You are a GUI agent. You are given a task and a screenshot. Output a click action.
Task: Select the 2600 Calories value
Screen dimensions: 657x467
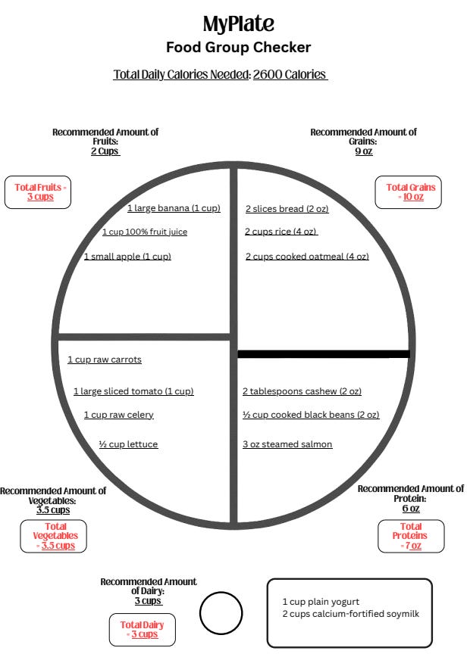289,75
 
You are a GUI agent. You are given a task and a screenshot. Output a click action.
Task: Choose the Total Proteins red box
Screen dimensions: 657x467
410,536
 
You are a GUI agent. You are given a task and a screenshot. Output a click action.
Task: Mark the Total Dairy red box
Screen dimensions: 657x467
142,629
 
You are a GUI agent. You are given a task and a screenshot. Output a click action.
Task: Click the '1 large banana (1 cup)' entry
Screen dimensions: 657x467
174,208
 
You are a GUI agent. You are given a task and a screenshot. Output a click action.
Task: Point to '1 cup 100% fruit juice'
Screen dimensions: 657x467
144,232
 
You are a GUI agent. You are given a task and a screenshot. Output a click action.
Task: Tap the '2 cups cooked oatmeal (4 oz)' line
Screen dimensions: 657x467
307,257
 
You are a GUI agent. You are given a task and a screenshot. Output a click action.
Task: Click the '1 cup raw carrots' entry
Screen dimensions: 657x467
105,360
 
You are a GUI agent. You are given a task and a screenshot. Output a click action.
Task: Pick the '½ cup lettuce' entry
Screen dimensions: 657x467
128,444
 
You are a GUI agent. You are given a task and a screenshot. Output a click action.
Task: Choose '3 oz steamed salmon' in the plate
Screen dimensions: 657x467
287,444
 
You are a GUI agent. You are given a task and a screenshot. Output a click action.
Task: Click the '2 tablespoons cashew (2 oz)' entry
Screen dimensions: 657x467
302,391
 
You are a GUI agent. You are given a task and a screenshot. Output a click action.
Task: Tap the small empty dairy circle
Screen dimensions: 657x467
221,613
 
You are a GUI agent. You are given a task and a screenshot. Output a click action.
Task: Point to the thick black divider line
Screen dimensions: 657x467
324,353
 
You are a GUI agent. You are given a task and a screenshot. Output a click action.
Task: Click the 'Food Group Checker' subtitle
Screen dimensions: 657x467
238,48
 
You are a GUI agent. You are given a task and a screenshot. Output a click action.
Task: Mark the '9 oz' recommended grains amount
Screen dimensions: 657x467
363,151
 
